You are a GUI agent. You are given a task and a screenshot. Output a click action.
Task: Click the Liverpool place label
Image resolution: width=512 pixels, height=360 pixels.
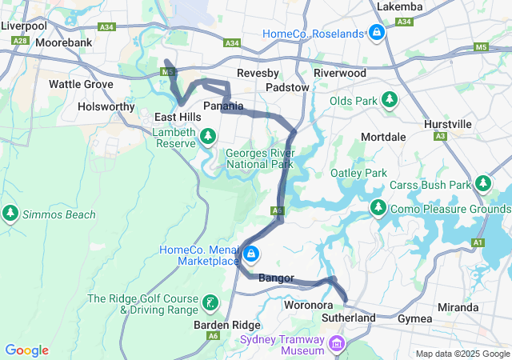tap(24, 26)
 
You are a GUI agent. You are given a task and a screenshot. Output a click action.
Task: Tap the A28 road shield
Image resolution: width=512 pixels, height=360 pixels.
tap(21, 40)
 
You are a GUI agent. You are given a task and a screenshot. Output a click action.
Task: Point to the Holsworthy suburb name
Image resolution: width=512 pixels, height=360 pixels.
tap(107, 106)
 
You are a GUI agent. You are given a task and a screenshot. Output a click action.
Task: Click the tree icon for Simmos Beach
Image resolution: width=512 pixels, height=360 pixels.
tap(10, 214)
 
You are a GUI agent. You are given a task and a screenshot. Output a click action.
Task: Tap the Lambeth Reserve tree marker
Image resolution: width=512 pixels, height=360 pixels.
tap(208, 135)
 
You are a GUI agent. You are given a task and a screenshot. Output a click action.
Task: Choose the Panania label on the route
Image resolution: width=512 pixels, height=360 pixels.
tap(223, 106)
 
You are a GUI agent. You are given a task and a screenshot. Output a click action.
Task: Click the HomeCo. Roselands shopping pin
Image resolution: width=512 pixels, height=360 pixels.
tap(376, 34)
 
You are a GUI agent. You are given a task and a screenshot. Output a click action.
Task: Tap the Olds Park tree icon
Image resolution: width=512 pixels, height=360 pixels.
tap(389, 100)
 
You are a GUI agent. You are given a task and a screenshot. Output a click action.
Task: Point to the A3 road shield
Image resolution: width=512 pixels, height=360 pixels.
tap(441, 136)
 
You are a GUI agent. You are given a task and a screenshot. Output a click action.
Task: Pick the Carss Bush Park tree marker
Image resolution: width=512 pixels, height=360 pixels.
tap(482, 184)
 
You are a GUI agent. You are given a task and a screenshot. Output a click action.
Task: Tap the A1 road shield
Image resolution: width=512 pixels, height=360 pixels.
tap(478, 242)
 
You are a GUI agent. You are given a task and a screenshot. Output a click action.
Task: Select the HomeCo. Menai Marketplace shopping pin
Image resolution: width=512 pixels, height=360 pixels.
tap(251, 254)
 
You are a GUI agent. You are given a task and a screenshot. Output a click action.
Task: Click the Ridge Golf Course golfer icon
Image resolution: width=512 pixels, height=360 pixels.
tap(210, 302)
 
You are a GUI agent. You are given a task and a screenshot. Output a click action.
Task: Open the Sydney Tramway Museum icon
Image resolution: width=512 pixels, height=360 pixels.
tap(336, 345)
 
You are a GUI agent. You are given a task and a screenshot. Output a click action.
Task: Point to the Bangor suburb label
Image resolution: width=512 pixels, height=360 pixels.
tap(277, 278)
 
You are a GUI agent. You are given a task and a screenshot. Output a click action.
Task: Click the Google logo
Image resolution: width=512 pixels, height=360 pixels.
tap(27, 350)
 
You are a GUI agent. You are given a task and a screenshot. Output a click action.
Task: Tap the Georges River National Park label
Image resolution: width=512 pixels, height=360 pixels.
tap(259, 158)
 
